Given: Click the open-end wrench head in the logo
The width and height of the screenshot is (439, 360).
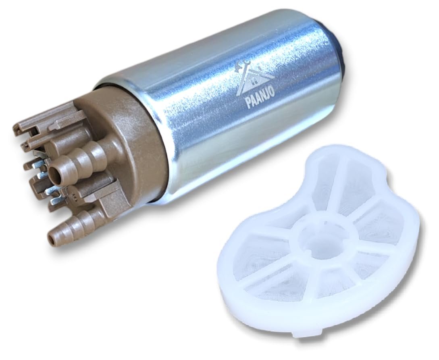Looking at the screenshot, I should [246, 65].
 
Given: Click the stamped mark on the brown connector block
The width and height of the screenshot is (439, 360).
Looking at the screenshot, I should [74, 196].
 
